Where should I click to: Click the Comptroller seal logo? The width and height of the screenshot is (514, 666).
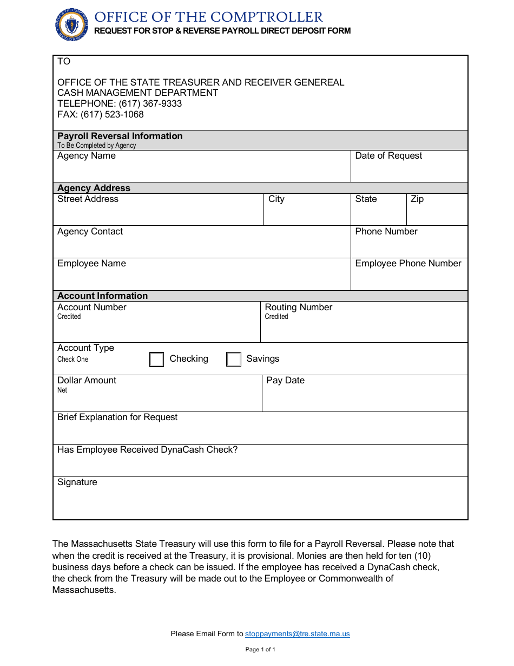coord(72,25)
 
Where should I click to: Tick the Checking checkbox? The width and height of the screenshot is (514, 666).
coord(156,360)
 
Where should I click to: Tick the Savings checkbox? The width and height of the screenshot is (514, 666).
coord(234,360)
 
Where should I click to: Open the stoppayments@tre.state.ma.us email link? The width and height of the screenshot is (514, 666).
coord(297,634)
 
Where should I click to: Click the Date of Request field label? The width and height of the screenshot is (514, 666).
coord(388,156)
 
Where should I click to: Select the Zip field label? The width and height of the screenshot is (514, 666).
coord(417,199)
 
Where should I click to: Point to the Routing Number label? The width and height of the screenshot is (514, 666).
coord(298,308)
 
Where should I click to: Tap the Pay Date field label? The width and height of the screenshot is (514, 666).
coord(285,381)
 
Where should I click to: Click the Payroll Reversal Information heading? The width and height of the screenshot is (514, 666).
coord(120,136)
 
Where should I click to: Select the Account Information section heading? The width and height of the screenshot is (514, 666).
coord(102,296)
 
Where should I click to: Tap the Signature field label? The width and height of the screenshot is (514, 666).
coord(77,482)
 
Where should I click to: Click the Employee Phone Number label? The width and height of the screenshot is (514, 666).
coord(408,264)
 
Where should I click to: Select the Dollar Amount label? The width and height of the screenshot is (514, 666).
coord(87,381)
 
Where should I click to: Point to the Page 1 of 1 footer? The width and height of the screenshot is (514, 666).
coord(260,649)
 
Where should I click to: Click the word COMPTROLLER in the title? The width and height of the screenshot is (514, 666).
coord(267,17)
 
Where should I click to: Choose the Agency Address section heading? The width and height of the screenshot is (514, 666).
coord(94,188)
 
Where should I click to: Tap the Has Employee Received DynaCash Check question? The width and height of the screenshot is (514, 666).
coord(147,450)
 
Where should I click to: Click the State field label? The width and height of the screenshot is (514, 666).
coord(366,199)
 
